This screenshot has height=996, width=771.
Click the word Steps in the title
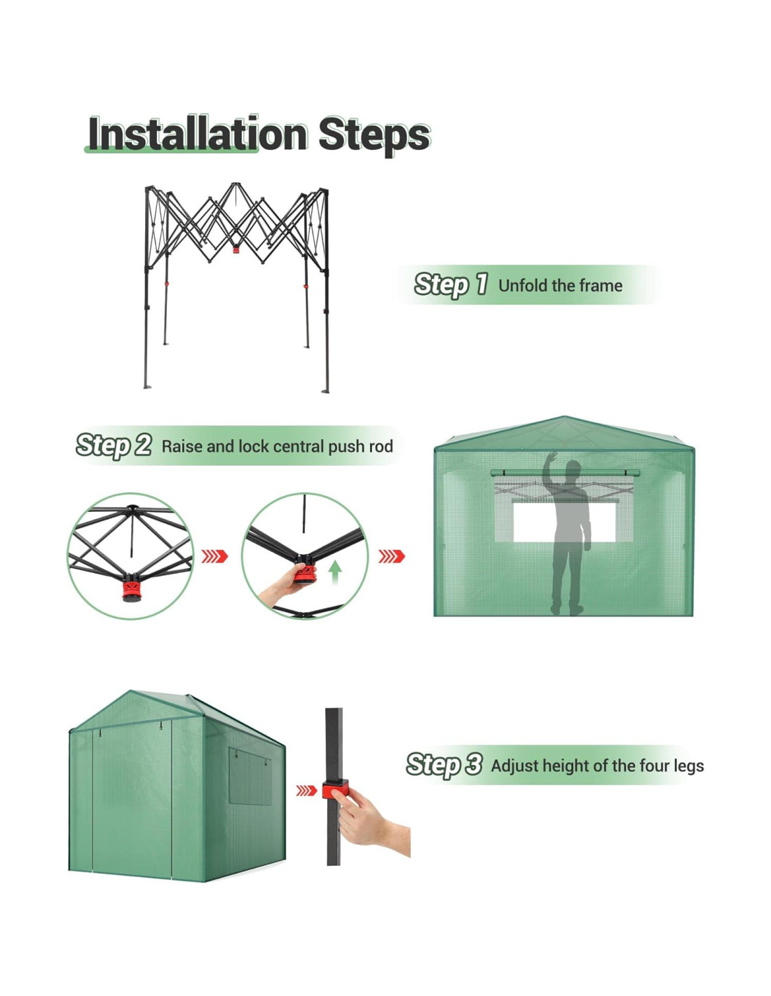(x=374, y=136)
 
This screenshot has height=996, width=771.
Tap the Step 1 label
(x=449, y=284)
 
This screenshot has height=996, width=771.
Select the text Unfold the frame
(x=560, y=286)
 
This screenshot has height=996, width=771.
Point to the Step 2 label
(x=114, y=445)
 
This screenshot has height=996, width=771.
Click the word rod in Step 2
(x=380, y=446)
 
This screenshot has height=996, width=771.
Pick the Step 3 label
(x=444, y=764)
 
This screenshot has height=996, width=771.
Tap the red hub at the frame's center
(x=236, y=249)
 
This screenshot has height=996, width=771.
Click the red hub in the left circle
(x=132, y=590)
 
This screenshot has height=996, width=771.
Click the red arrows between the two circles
(x=214, y=556)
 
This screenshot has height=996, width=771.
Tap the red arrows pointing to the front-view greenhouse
(x=391, y=556)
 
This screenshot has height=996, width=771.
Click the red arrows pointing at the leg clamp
(x=306, y=790)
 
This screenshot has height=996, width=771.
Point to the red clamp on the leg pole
(x=334, y=789)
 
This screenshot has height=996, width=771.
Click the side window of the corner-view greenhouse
(x=250, y=776)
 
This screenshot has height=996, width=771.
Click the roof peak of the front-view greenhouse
(x=564, y=416)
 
